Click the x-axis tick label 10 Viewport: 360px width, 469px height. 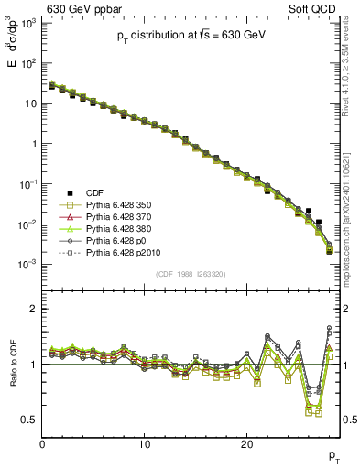pos(144,444)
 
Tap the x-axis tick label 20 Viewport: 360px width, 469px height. pos(246,444)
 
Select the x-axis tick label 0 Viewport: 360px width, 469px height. pos(42,444)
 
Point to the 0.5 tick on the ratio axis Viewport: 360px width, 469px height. pos(29,420)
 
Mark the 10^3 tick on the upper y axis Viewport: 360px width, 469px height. pos(27,22)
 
